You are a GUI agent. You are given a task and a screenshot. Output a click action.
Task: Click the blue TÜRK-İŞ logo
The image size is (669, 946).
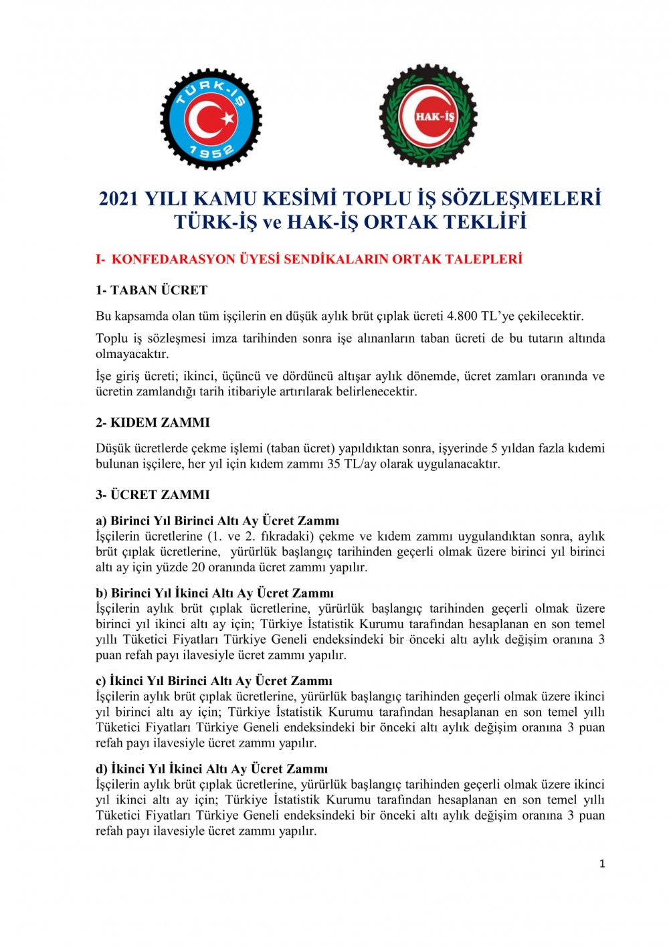coord(211,119)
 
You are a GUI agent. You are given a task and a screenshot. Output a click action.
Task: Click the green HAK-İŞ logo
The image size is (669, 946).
coord(428,116)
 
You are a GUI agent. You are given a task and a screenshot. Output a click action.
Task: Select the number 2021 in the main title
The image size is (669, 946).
coord(120,199)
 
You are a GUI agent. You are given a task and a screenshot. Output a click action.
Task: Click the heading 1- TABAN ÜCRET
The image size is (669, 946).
coord(152,290)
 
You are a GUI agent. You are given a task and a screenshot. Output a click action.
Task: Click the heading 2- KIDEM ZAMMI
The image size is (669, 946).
coord(153,423)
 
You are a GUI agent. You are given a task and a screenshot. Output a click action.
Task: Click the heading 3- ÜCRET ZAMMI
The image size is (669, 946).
coord(153,495)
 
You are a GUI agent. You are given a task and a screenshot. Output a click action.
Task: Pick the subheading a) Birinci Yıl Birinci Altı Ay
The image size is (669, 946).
coord(217,521)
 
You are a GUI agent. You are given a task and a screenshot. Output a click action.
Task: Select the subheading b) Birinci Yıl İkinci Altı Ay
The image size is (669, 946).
coord(215,593)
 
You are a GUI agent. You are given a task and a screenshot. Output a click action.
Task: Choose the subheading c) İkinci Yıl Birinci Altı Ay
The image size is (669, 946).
coord(214,681)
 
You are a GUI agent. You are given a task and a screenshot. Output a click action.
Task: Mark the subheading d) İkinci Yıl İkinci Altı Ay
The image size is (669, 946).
coord(212,769)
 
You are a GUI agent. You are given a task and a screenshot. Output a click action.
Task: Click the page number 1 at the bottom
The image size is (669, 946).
coord(602,864)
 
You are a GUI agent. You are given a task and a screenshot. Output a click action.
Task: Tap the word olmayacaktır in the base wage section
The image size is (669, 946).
coord(132,354)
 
